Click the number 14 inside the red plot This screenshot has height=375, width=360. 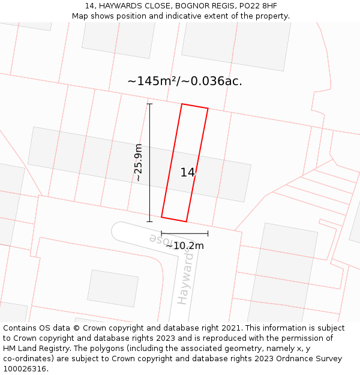coord(188,173)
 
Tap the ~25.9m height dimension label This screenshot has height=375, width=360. coord(139,163)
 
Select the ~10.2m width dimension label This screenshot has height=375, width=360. coord(185,245)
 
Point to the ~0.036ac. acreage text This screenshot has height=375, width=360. coord(212,81)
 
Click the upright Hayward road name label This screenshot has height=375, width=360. coord(186,279)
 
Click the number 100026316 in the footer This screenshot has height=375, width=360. coord(25,369)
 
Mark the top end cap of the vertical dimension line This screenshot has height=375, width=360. coord(149,104)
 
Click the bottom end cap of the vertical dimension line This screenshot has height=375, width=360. coord(149,221)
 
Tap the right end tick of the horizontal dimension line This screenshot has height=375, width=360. coord(208,233)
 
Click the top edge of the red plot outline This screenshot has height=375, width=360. coord(195,106)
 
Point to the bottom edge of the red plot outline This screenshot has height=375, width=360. coord(174,219)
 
